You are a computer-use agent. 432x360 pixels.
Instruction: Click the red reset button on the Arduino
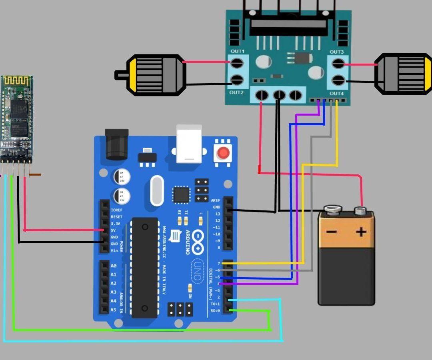pos(223,152)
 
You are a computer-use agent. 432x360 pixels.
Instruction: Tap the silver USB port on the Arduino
pos(189,144)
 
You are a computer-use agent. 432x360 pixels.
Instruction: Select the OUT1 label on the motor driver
pos(237,52)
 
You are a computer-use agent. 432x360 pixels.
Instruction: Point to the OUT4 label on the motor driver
pos(336,94)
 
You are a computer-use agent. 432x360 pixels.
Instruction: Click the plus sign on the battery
pos(361,232)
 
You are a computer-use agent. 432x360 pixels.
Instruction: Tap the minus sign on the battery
pos(331,232)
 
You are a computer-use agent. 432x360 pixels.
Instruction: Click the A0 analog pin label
pos(114,266)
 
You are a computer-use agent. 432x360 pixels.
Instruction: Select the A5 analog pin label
pos(114,310)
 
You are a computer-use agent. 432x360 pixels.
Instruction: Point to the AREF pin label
pos(215,200)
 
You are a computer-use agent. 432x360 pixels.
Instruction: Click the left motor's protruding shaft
pos(120,75)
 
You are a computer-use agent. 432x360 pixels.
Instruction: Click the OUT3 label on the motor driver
pos(336,52)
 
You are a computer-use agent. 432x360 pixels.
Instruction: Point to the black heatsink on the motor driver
pos(288,24)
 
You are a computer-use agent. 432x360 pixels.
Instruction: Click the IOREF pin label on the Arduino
pos(116,210)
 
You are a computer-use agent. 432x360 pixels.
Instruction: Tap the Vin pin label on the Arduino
pos(114,250)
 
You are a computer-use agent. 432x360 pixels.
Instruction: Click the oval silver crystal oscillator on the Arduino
pos(157,190)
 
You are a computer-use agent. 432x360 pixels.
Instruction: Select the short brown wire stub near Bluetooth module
pos(35,174)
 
